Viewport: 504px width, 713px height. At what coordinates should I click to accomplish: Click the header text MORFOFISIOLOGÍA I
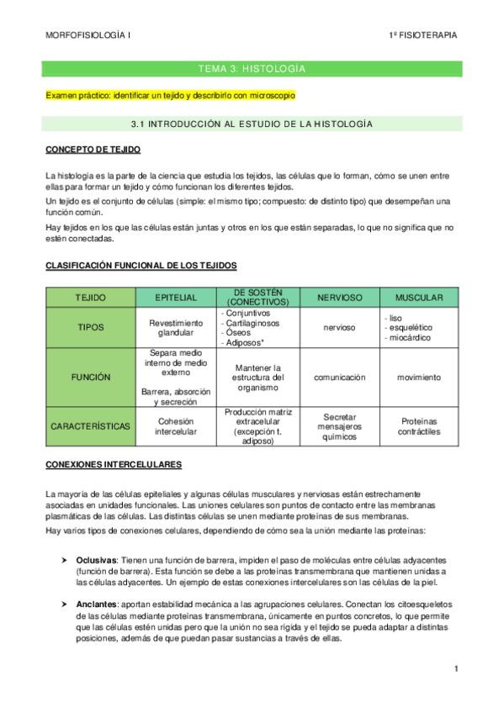88,34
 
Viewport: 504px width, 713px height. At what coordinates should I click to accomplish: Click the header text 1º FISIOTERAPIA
423,34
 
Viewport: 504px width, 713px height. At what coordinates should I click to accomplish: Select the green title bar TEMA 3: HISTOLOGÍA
252,68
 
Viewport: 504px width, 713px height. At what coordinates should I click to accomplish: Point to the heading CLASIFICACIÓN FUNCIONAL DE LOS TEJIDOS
141,266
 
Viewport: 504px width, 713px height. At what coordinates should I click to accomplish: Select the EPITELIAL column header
176,298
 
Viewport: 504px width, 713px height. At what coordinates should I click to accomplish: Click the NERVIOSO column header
339,298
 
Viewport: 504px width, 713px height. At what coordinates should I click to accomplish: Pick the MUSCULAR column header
419,298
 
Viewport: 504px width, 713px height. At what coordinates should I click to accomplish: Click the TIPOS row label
91,328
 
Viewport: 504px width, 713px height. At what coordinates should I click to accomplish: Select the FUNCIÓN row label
91,378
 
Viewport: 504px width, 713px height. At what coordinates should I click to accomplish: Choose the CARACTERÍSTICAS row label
91,426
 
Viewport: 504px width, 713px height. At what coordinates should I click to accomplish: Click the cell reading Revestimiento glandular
176,328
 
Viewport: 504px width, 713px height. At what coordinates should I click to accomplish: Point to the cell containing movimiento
419,378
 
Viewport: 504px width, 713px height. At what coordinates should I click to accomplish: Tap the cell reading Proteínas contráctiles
419,426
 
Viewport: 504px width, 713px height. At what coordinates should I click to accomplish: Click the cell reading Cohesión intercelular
176,426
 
